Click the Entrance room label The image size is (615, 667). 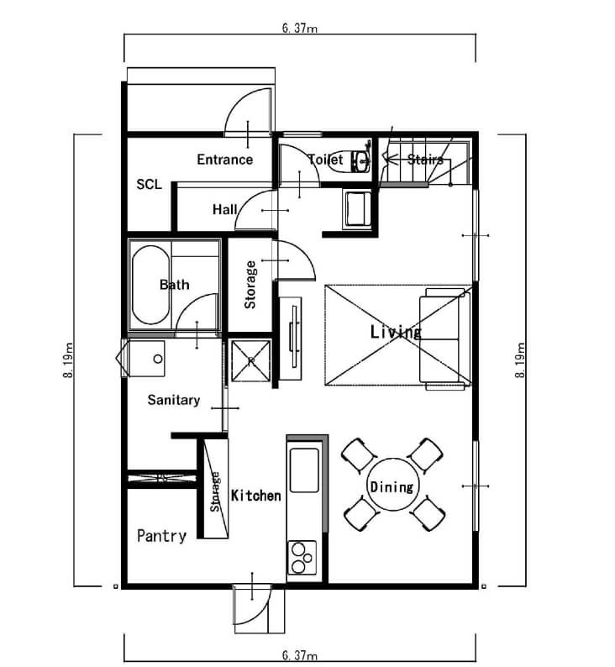point(224,160)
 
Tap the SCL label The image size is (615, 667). point(150,185)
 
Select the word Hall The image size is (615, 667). point(224,209)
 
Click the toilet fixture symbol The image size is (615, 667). point(362,160)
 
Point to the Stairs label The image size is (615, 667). point(425,159)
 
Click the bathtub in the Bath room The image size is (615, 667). point(150,286)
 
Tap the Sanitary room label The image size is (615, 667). point(173,400)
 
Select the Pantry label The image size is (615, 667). point(161,535)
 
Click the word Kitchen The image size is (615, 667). point(255,496)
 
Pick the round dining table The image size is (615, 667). point(392,486)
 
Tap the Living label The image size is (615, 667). point(396,333)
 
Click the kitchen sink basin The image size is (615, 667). point(303,470)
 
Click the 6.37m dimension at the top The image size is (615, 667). point(299,28)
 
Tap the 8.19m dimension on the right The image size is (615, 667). point(521,360)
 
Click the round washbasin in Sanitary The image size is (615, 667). point(158,359)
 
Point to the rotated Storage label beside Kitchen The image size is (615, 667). point(216,492)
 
